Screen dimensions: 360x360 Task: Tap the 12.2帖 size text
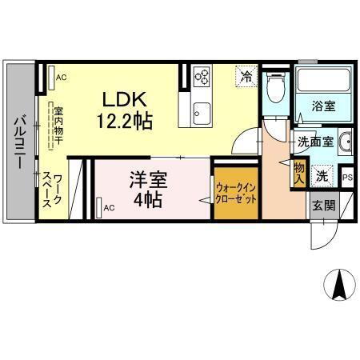pos(125,121)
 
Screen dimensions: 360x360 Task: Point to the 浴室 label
pos(323,105)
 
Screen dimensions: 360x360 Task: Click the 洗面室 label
pos(314,142)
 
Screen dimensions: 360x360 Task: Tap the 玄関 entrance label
pos(324,205)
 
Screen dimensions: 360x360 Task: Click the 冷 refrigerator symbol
pos(246,77)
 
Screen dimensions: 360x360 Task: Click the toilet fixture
pos(274,86)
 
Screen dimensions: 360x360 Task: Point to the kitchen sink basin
pos(201,110)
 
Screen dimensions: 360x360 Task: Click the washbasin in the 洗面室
pos(345,143)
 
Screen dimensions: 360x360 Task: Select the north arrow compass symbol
pos(338,283)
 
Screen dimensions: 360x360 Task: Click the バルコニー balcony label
pos(19,142)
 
